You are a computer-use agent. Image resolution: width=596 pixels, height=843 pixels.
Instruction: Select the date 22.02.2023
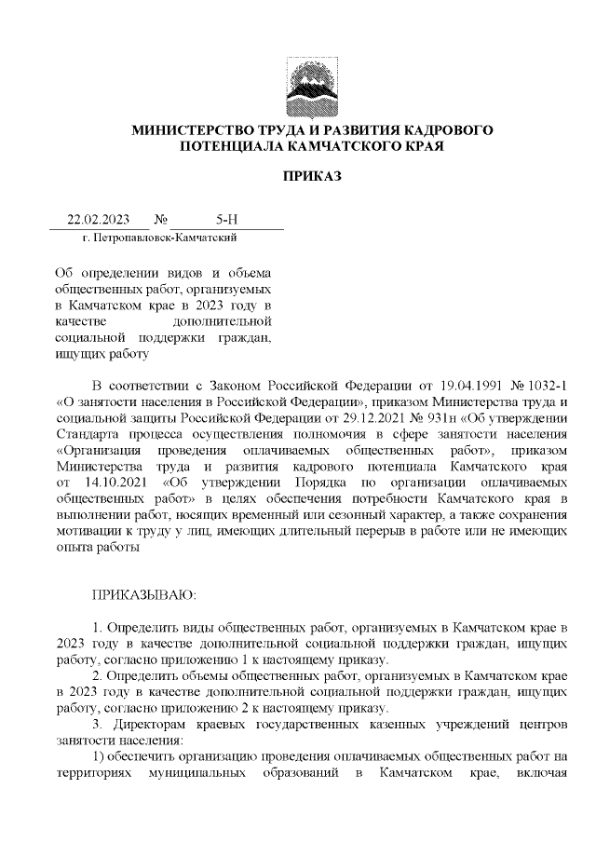(x=98, y=221)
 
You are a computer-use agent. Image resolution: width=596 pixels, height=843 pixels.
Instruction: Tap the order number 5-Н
(x=227, y=221)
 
